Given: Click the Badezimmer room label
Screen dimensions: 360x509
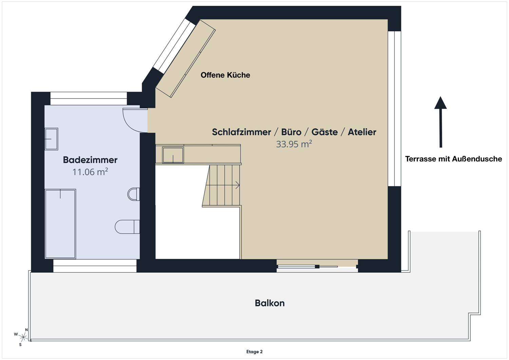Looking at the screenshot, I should pyautogui.click(x=90, y=160).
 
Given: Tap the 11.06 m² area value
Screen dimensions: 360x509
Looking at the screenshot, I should pyautogui.click(x=90, y=172).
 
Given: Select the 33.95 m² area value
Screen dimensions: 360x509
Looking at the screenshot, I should pyautogui.click(x=294, y=144).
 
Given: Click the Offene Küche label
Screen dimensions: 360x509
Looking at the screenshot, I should pyautogui.click(x=225, y=75).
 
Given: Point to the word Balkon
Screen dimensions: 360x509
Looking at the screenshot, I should pyautogui.click(x=270, y=303).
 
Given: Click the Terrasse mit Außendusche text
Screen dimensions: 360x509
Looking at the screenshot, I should pyautogui.click(x=453, y=159).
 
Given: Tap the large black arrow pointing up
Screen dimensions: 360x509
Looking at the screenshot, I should pyautogui.click(x=440, y=122).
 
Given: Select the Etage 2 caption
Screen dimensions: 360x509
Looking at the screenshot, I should pyautogui.click(x=254, y=352).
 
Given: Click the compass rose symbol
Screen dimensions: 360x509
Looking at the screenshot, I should pyautogui.click(x=23, y=337).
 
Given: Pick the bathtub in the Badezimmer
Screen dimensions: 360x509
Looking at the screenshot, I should pyautogui.click(x=60, y=224).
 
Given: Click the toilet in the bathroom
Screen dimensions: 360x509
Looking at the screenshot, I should pyautogui.click(x=127, y=227).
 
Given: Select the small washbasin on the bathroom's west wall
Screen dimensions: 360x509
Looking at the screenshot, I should pyautogui.click(x=51, y=139).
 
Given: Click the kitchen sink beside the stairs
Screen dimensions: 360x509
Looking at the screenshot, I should pyautogui.click(x=173, y=155).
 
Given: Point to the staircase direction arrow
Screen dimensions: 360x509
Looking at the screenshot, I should pyautogui.click(x=237, y=185).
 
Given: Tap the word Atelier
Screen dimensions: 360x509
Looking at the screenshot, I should pyautogui.click(x=362, y=132).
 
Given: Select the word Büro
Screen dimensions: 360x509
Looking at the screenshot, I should pyautogui.click(x=291, y=132).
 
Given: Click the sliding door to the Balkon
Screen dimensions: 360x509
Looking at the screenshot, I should pyautogui.click(x=317, y=266).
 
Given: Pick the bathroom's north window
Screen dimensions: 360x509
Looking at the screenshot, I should pyautogui.click(x=89, y=98).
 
